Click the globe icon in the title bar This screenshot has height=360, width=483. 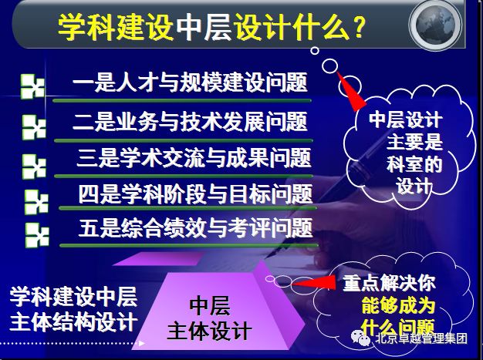click(x=436, y=25)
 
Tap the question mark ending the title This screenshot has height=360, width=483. click(x=359, y=27)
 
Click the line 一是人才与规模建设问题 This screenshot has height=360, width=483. click(x=190, y=82)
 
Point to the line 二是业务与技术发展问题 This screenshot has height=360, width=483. click(x=190, y=122)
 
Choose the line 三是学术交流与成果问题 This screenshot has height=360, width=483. click(x=194, y=158)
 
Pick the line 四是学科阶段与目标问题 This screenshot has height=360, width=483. click(x=196, y=194)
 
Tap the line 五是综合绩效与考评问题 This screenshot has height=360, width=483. click(x=196, y=228)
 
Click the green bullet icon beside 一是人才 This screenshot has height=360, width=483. click(x=32, y=86)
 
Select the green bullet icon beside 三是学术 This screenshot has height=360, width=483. click(x=34, y=167)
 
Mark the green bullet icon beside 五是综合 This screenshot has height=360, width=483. click(x=37, y=235)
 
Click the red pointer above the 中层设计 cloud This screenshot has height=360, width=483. click(x=350, y=91)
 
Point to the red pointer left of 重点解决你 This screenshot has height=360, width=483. click(x=313, y=282)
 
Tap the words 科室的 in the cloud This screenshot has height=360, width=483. click(x=414, y=165)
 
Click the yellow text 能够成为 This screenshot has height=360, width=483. click(x=398, y=305)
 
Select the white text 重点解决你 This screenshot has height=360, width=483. click(x=390, y=283)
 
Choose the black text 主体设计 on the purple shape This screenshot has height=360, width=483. click(x=209, y=331)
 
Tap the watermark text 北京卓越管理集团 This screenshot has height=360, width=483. click(x=421, y=338)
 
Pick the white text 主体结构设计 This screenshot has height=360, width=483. click(x=73, y=322)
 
